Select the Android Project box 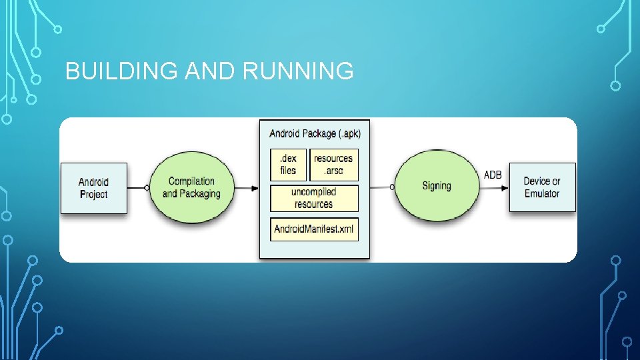(94, 188)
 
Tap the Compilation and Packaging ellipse (191, 187)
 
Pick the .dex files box (288, 165)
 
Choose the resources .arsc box (333, 165)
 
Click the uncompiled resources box (314, 198)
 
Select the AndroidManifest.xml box (314, 230)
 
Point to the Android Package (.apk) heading (315, 133)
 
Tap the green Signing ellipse (437, 186)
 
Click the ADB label (493, 175)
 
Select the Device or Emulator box (542, 187)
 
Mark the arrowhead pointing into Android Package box (255, 187)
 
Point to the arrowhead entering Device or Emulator (505, 187)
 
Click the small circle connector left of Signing (393, 187)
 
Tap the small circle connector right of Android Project (146, 187)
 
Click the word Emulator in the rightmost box (542, 194)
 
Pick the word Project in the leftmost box (93, 195)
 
